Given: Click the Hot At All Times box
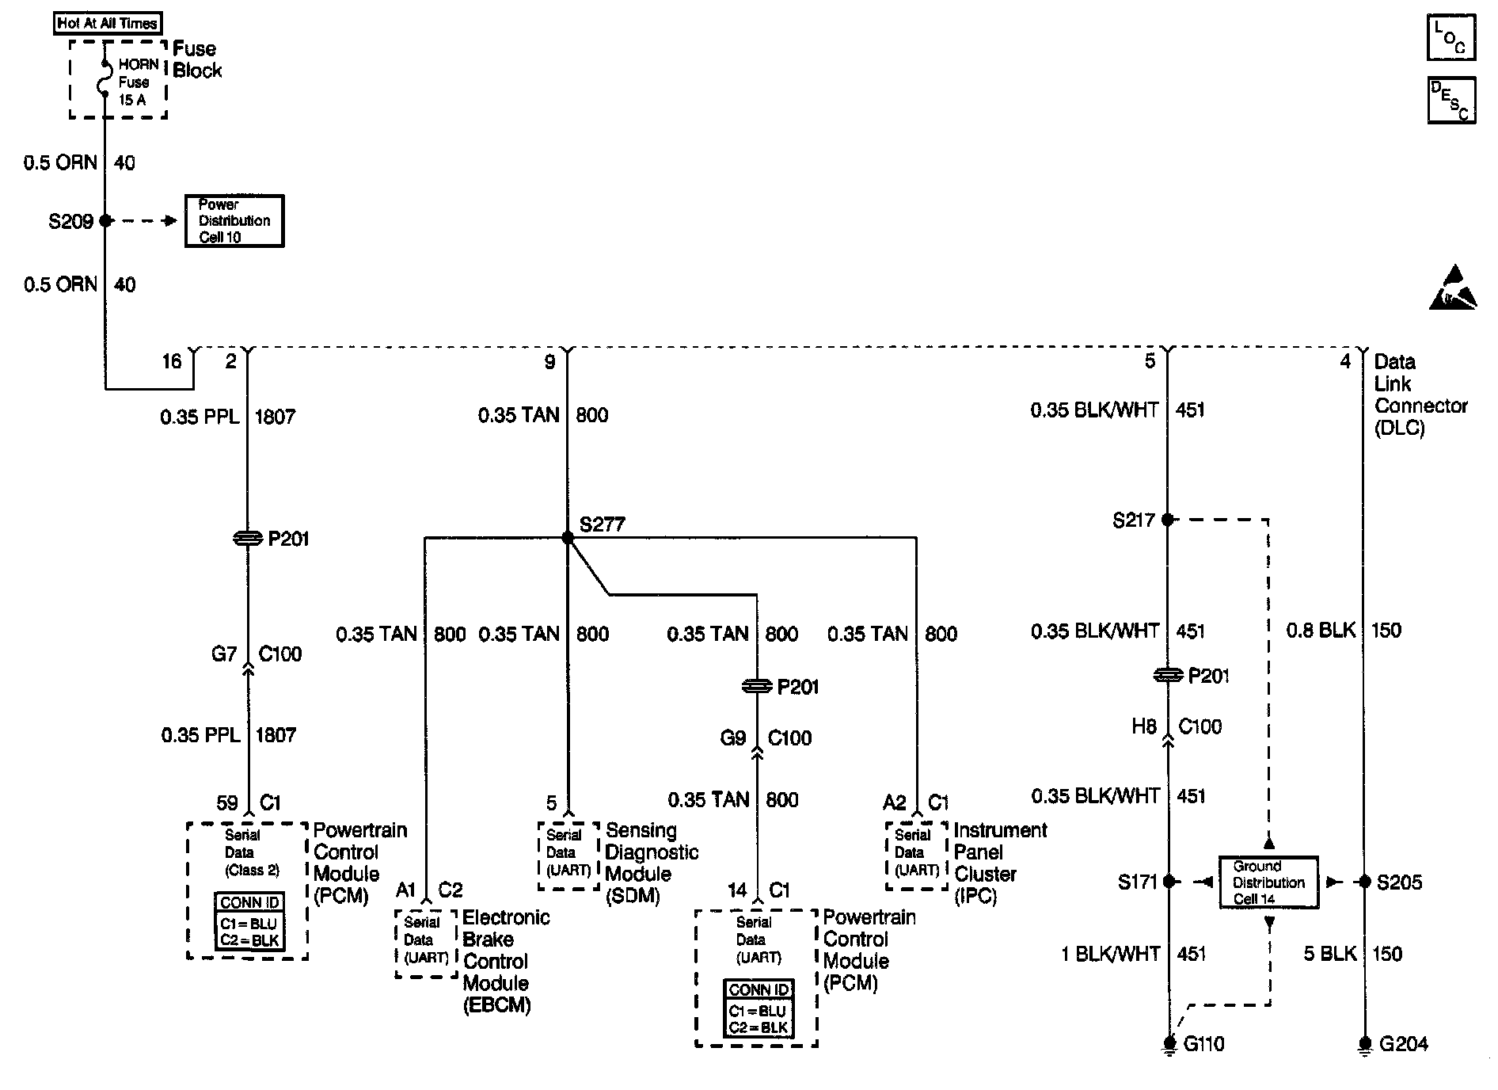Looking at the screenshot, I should pyautogui.click(x=108, y=23).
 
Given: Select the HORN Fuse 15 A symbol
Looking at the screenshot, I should pyautogui.click(x=105, y=80).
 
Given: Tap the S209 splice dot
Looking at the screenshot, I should pyautogui.click(x=105, y=221).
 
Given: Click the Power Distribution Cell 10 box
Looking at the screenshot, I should pyautogui.click(x=234, y=221).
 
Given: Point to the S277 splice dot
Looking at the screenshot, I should pyautogui.click(x=567, y=538).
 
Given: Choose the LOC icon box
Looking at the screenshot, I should pyautogui.click(x=1450, y=37).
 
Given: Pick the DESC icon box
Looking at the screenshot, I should pyautogui.click(x=1450, y=100).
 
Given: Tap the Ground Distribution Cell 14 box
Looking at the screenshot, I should pyautogui.click(x=1268, y=882).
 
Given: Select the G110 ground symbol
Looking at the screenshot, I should pyautogui.click(x=1169, y=1046).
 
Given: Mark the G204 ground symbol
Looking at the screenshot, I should pyautogui.click(x=1364, y=1046).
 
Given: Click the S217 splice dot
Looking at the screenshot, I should pyautogui.click(x=1168, y=520).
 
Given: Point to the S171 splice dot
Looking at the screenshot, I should pyautogui.click(x=1169, y=882).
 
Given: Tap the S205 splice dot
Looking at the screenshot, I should pyautogui.click(x=1364, y=882).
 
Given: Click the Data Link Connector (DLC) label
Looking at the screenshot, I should pyautogui.click(x=1420, y=394).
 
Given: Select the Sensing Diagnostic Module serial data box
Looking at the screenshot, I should pyautogui.click(x=568, y=854).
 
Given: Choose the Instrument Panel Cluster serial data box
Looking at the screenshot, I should pyautogui.click(x=916, y=854).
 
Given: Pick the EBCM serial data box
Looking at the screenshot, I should pyautogui.click(x=426, y=942).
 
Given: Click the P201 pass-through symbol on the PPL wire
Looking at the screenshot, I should pyautogui.click(x=248, y=539).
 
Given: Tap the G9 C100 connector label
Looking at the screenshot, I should pyautogui.click(x=765, y=738).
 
